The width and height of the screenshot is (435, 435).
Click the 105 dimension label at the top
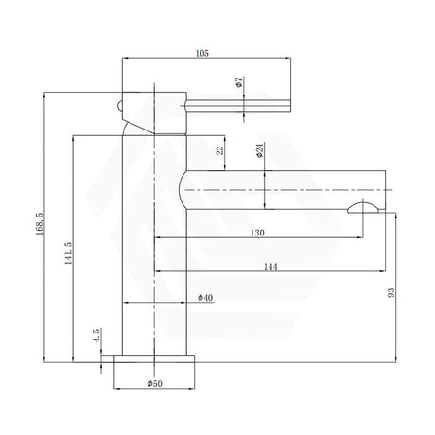202,53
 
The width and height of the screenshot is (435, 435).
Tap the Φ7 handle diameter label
239,81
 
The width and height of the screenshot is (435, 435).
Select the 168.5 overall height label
39,223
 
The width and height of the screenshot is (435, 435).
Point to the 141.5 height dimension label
68,253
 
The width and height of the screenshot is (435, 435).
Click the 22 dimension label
220,150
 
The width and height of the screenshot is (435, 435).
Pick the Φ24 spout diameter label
259,150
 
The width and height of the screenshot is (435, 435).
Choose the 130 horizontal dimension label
257,233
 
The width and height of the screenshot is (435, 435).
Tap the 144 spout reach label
270,267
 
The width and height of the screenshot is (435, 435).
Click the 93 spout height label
391,293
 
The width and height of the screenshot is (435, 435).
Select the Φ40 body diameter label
205,298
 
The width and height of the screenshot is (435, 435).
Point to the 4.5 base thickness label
96,336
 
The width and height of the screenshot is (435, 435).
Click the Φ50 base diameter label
155,383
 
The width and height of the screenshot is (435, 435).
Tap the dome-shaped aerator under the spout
363,208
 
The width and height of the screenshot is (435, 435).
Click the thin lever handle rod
238,106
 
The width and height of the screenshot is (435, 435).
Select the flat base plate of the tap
154,358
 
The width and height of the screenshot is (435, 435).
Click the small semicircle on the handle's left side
119,106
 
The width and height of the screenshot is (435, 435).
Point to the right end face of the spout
385,190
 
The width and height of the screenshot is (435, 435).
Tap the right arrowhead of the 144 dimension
382,271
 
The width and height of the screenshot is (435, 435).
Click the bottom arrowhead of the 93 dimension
396,359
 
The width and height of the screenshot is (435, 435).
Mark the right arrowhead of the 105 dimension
287,58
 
